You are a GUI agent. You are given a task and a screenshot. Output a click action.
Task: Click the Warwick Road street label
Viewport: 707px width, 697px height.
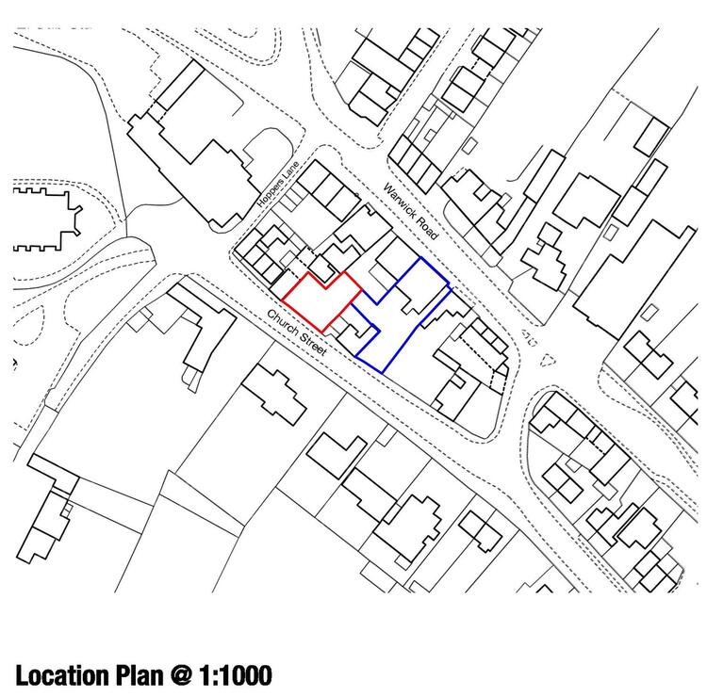click(x=410, y=211)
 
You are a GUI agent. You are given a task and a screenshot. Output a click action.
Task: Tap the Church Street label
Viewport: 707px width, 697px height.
click(x=296, y=332)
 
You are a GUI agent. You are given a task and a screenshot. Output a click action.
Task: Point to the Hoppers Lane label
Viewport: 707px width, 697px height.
click(x=278, y=184)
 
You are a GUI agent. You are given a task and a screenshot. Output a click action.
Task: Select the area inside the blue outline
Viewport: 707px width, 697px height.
click(x=397, y=320)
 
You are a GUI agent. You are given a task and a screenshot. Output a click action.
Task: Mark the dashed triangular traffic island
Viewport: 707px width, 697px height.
click(x=547, y=361)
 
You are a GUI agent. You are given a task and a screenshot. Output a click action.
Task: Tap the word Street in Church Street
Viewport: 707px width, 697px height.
click(x=312, y=344)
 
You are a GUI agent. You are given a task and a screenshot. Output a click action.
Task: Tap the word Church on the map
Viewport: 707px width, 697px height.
click(x=282, y=321)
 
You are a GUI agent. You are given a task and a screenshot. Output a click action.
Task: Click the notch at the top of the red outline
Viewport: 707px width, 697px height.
click(x=326, y=288)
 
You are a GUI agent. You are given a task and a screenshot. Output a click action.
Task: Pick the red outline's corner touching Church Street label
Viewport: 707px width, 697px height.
click(x=282, y=300)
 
